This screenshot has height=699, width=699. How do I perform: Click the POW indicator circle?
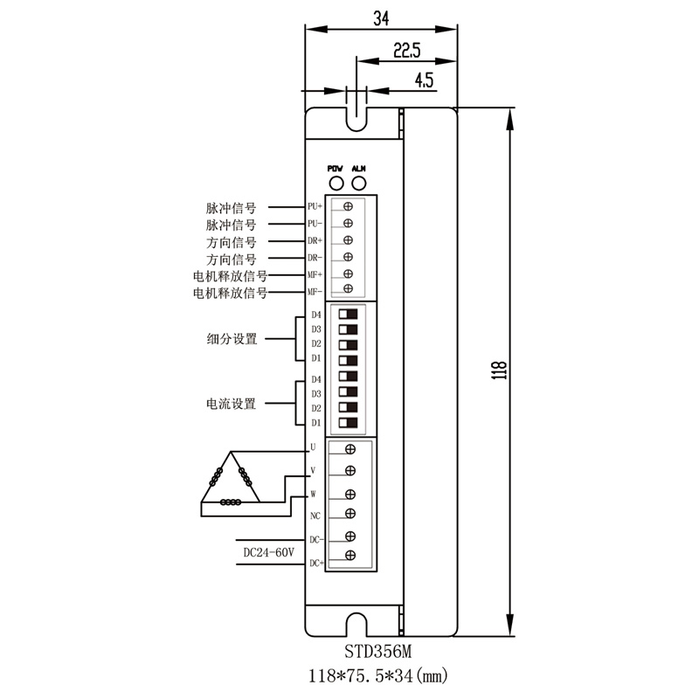pos(335,183)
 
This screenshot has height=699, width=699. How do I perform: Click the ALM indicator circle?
pos(358,183)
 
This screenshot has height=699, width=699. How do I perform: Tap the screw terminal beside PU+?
pos(349,206)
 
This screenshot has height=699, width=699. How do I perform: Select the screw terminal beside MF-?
pos(349,289)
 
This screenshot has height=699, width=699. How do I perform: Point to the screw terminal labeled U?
pos(349,449)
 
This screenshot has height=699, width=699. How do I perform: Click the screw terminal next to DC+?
pos(349,556)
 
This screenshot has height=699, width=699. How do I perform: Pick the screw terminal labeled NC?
pos(349,513)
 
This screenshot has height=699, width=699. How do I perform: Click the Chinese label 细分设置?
pos(232,339)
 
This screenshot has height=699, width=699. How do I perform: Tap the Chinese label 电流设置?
pos(232,404)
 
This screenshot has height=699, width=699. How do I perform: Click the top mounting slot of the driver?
pos(356,115)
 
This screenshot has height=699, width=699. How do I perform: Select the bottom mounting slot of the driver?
pos(356,626)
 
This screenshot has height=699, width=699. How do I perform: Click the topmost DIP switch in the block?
pos(349,314)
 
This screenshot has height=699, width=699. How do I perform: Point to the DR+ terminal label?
pos(315,239)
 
